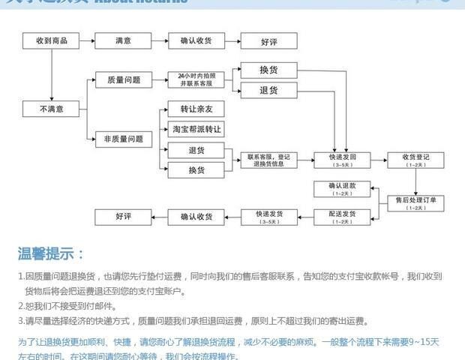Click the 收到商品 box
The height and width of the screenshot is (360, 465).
[x=51, y=40]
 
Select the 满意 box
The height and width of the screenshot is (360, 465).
[x=124, y=40]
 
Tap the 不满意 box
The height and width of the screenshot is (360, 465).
[x=51, y=109]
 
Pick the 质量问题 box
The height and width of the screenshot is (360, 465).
[x=124, y=79]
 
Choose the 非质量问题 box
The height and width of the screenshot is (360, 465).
[x=124, y=139]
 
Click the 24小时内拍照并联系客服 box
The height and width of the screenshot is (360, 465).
[x=196, y=79]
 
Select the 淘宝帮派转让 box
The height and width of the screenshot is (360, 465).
[x=196, y=129]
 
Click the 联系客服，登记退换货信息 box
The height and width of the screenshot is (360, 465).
[x=268, y=160]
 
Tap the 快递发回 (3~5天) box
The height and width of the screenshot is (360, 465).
[x=341, y=160]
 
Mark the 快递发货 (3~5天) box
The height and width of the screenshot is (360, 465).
[x=268, y=217]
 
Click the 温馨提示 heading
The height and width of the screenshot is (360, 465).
[x=51, y=253]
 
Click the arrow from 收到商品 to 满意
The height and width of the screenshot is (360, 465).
[x=87, y=40]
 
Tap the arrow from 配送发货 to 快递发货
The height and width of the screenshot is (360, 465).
[x=304, y=217]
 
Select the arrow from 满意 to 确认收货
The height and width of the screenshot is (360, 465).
[x=160, y=40]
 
